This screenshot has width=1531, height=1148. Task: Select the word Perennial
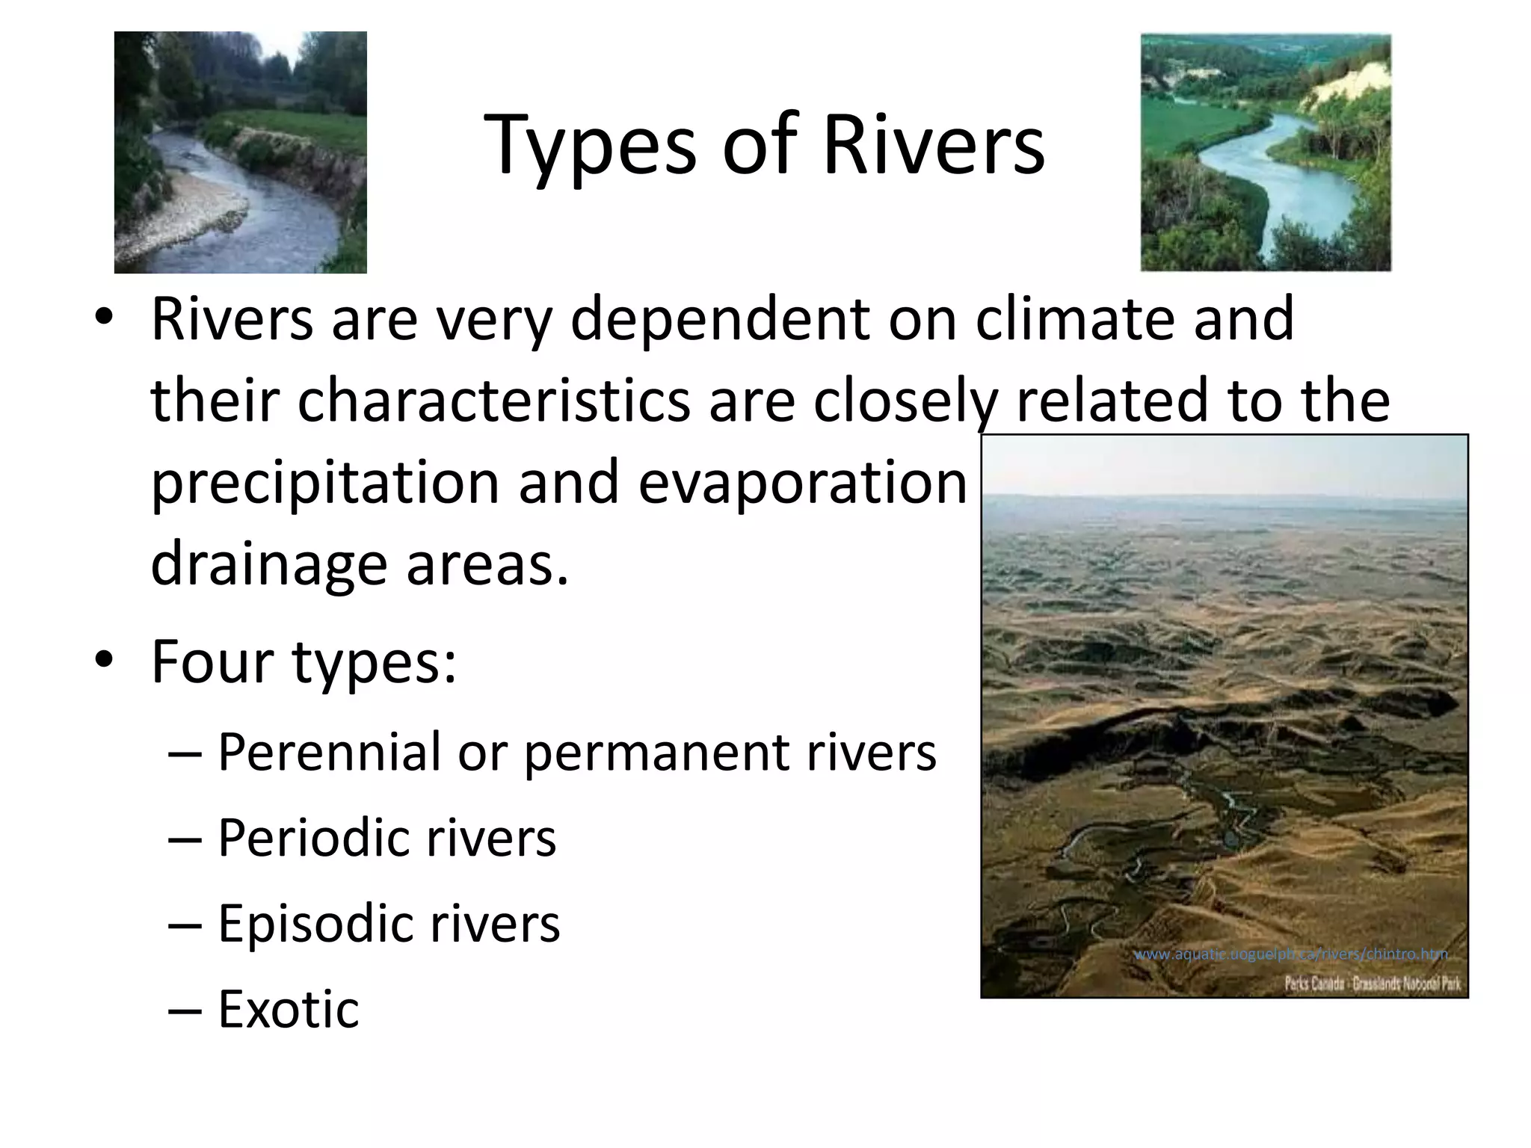[x=330, y=753]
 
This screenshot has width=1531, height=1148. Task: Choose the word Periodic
[x=313, y=839]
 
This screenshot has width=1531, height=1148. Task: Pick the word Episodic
[x=315, y=925]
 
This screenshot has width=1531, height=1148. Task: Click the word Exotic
[x=288, y=1010]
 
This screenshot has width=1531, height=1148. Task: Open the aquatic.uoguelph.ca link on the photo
[x=1290, y=954]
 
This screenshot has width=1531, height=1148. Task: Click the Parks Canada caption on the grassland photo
[x=1372, y=983]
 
